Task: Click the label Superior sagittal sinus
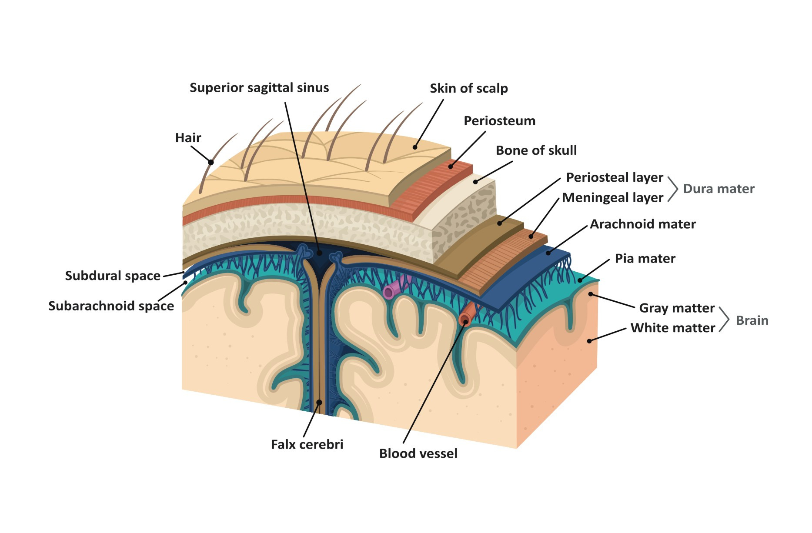point(259,88)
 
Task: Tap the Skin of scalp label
point(468,88)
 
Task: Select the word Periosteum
point(499,121)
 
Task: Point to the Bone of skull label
point(536,150)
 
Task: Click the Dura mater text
point(718,189)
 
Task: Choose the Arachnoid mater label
point(642,224)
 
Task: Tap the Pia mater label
point(645,259)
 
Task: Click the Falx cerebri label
point(307,444)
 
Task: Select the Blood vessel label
point(418,453)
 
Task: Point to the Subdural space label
point(113,276)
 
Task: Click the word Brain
point(752,320)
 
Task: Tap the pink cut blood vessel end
point(388,293)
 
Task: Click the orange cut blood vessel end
point(464,320)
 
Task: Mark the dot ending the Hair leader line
point(211,163)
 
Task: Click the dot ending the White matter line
point(589,341)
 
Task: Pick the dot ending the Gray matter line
point(591,294)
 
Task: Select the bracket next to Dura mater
point(673,189)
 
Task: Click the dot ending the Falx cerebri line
point(319,403)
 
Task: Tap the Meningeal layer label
point(612,198)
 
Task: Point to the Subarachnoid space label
point(111,306)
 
